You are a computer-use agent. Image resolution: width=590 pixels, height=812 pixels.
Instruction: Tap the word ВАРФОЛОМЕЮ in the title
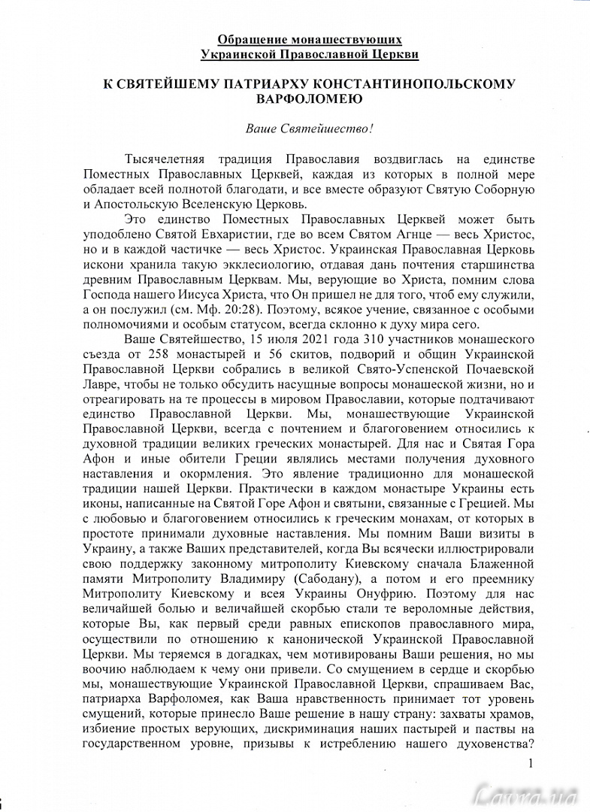(x=309, y=98)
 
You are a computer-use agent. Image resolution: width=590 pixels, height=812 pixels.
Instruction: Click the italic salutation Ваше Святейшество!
(x=309, y=129)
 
